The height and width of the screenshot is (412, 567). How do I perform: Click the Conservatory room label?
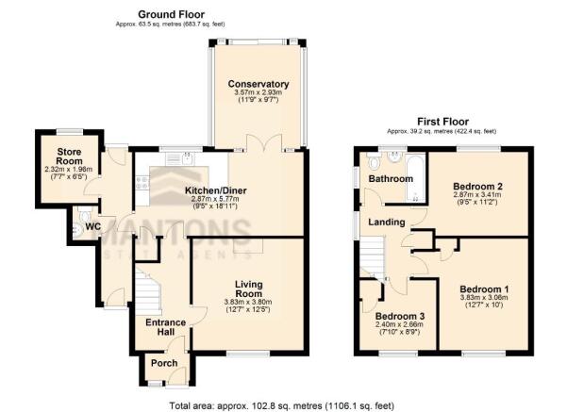258,84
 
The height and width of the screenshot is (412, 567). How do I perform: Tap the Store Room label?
69,157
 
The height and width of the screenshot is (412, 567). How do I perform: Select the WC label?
93,227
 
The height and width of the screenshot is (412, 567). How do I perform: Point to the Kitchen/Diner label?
215,190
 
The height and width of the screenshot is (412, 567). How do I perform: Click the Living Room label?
248,288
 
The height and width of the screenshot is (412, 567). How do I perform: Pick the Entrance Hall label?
166,327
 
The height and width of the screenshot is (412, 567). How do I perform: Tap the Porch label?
164,363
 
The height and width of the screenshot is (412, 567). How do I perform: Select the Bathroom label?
391,178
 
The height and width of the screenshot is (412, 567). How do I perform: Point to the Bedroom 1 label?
484,289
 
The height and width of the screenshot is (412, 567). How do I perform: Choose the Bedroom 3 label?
400,316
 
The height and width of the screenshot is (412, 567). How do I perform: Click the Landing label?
387,222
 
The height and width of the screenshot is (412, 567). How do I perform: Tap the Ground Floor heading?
171,14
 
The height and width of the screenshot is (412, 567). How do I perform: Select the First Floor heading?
443,122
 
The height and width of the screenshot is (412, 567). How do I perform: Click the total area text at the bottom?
282,405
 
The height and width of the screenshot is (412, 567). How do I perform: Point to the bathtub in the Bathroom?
416,177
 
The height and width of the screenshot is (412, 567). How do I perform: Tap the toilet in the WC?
85,215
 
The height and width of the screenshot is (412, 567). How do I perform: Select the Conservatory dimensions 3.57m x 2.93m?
258,92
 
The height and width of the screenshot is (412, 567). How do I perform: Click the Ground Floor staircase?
148,291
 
